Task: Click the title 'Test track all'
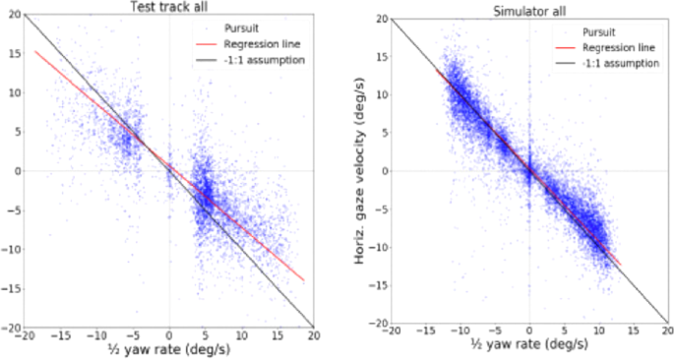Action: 168,8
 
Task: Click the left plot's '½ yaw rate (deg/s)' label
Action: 168,351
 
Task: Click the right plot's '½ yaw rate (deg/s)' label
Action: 529,351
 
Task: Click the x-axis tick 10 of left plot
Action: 240,335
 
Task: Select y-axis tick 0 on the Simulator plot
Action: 384,171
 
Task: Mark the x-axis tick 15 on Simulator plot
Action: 635,335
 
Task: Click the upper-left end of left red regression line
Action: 35,51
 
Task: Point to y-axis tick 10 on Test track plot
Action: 12,93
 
